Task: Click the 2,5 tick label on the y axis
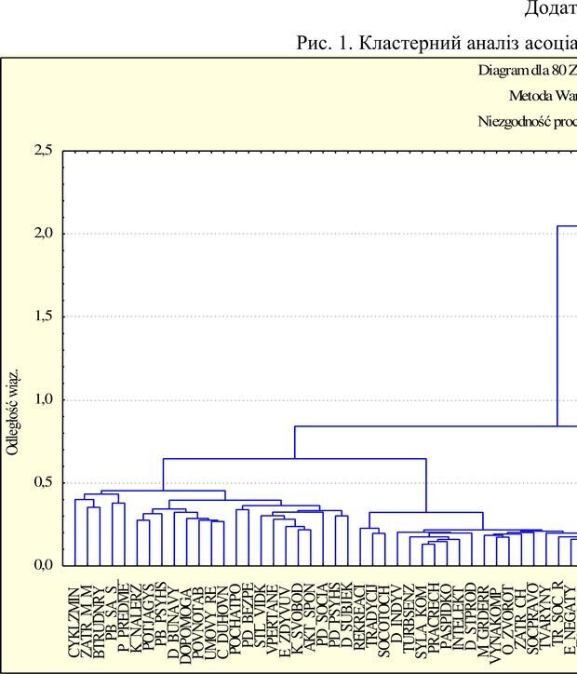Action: [x=43, y=150]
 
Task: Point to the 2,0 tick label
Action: [x=43, y=234]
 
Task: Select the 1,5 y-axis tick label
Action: [x=43, y=317]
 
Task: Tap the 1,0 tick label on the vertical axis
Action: [x=43, y=399]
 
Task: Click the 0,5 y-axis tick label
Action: [x=43, y=482]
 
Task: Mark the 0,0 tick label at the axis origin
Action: [x=43, y=565]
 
